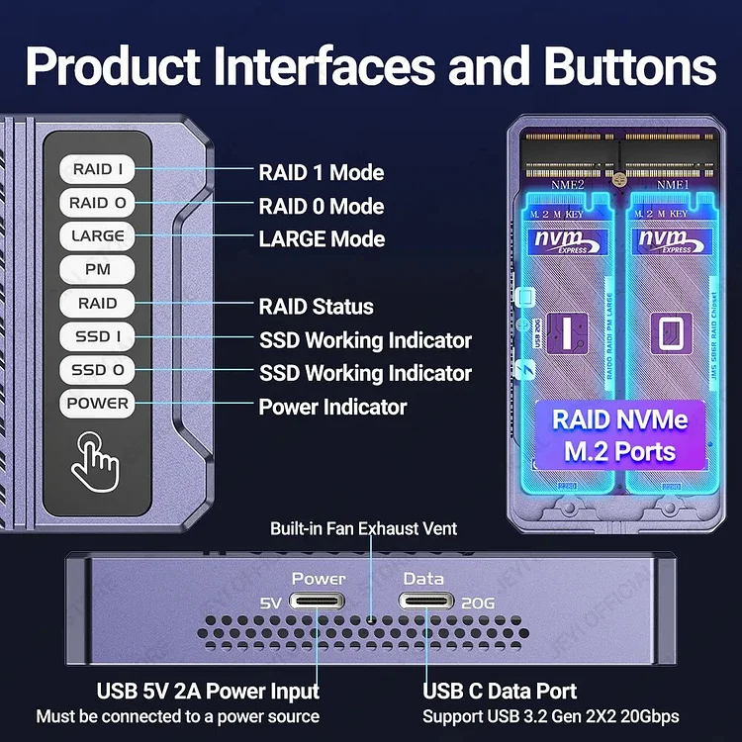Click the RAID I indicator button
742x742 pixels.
click(98, 169)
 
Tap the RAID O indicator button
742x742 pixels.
click(98, 203)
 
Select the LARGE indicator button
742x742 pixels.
click(98, 236)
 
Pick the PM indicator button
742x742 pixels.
click(98, 270)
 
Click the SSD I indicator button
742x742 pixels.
click(98, 336)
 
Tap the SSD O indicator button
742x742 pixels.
click(98, 370)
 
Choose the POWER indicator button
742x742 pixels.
click(98, 404)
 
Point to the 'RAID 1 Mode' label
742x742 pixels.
click(321, 172)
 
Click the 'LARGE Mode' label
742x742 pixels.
click(322, 239)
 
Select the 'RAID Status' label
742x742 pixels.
click(316, 307)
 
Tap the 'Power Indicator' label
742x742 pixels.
click(332, 407)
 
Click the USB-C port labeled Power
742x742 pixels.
click(318, 602)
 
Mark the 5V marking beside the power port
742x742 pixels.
click(271, 603)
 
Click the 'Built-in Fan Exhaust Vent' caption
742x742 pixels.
click(363, 529)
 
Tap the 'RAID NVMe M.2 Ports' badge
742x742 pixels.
click(619, 434)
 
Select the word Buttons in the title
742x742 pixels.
click(621, 67)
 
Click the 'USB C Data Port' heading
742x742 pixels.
click(500, 691)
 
